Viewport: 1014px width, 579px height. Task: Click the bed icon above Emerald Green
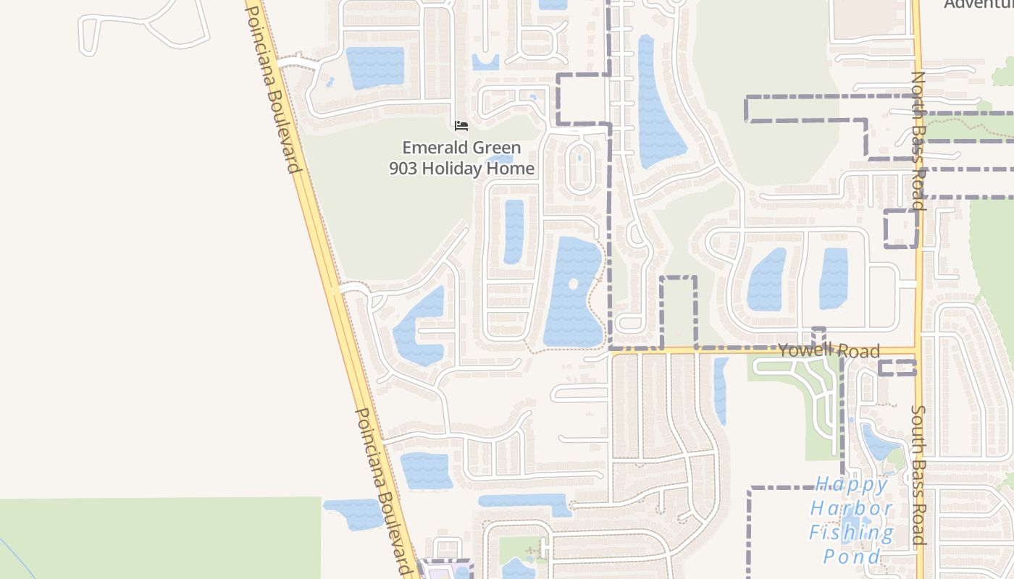point(461,126)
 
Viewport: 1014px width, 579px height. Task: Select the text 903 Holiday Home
point(461,169)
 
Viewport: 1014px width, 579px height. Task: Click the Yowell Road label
point(829,351)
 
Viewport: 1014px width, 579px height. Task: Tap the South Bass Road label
point(918,475)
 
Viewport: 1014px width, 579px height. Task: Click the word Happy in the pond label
point(851,484)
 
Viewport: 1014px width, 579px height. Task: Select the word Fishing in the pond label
point(851,533)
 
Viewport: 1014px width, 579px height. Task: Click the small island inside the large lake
point(573,284)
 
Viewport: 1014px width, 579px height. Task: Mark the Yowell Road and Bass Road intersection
point(917,351)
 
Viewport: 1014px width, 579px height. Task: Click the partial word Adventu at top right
point(978,4)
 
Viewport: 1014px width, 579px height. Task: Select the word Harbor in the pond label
point(851,509)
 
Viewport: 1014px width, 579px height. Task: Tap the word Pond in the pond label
point(851,557)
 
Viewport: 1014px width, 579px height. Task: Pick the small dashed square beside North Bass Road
point(901,229)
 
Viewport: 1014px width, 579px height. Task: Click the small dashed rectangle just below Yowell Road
point(897,368)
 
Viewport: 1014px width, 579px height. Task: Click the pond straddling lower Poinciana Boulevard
point(354,513)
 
